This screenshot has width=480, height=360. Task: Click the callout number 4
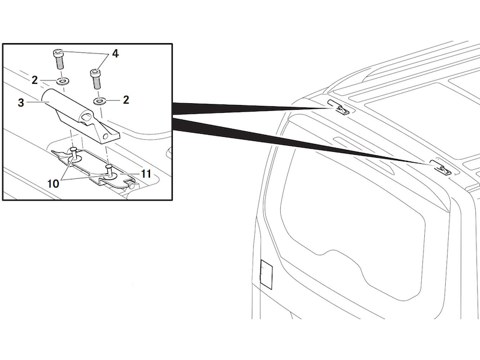pos(115,54)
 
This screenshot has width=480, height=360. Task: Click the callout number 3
pos(21,103)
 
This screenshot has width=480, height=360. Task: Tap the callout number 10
pos(53,184)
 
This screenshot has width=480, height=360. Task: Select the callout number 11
pos(146,174)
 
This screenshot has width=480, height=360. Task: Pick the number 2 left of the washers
pos(35,80)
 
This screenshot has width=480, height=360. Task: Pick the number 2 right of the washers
pos(126,100)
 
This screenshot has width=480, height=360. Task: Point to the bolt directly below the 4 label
pos(95,79)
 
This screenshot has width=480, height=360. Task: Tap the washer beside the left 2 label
pos(63,81)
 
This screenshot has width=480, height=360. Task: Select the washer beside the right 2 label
pos(99,100)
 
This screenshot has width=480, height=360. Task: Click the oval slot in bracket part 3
pos(86,117)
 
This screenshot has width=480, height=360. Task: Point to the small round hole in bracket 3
pos(106,136)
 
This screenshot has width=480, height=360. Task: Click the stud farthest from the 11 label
pos(74,154)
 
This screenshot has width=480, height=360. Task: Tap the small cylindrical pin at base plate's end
pos(131,185)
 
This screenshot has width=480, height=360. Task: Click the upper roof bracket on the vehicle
pos(338,107)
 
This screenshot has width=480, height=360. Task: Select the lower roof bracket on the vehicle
pos(441,167)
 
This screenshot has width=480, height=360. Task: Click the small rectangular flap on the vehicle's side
pos(266,274)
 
